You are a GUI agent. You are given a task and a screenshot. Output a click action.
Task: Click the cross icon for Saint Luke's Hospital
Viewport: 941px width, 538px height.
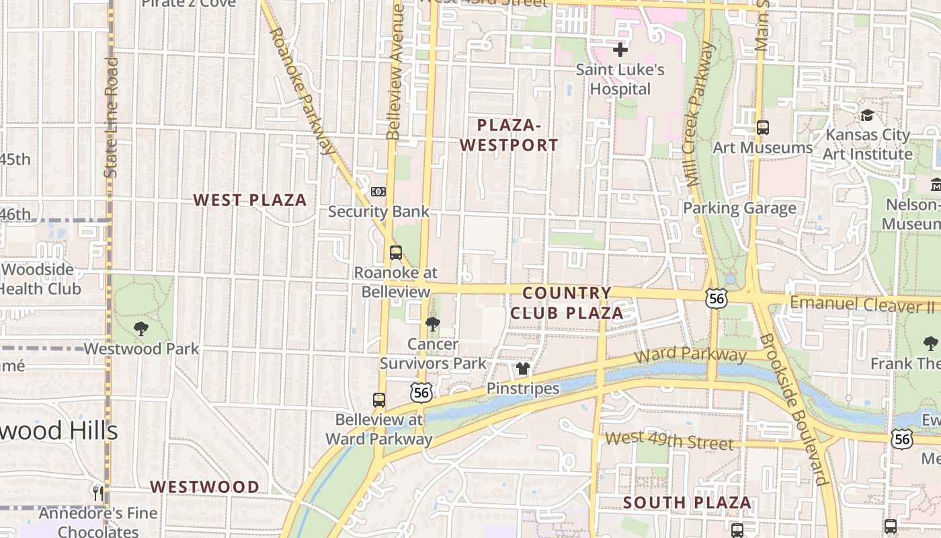click(620, 50)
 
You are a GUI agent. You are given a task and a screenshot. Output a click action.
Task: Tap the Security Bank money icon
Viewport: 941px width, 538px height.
click(378, 192)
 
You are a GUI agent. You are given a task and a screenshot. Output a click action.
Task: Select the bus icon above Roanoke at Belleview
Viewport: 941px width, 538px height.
click(396, 253)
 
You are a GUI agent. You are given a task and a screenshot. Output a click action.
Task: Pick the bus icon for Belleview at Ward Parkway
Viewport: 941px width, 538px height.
click(379, 399)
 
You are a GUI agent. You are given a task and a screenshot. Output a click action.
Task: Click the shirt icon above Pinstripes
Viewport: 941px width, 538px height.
click(523, 369)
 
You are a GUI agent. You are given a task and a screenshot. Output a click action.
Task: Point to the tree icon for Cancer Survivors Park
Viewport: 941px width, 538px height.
click(433, 324)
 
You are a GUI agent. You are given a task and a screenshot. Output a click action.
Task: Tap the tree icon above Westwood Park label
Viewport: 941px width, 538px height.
click(141, 329)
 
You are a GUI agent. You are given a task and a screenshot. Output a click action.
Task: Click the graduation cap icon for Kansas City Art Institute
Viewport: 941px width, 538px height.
click(867, 115)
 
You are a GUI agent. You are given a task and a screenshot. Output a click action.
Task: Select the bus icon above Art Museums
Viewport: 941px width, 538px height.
click(763, 127)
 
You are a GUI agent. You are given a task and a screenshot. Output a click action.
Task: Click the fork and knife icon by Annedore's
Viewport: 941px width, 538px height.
click(99, 493)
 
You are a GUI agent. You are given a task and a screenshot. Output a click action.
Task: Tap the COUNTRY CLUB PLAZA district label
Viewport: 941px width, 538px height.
click(567, 303)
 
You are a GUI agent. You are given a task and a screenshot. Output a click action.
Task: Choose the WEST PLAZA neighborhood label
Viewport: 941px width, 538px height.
click(250, 200)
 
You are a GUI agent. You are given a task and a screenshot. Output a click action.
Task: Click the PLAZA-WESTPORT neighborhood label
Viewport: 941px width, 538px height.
click(518, 135)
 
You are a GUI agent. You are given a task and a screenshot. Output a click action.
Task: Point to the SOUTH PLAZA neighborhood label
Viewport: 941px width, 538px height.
click(687, 502)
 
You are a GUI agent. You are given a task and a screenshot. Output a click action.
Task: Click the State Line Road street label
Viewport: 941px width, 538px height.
click(112, 117)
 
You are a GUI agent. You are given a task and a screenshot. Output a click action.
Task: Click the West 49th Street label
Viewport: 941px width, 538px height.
click(668, 441)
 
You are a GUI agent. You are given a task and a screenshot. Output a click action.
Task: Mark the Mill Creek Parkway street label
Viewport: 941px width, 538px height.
click(699, 114)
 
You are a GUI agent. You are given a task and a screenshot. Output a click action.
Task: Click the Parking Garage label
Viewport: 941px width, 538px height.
click(739, 208)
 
